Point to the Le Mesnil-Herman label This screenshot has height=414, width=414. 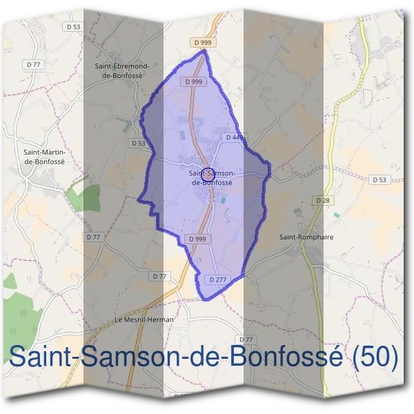[144, 319]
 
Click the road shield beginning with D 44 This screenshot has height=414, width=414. [234, 138]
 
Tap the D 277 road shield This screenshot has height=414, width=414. [217, 279]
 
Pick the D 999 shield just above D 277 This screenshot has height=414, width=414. [197, 239]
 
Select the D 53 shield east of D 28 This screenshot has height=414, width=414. [379, 179]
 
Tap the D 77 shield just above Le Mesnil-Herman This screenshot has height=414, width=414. [159, 276]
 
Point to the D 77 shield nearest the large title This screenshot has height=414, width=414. [246, 339]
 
